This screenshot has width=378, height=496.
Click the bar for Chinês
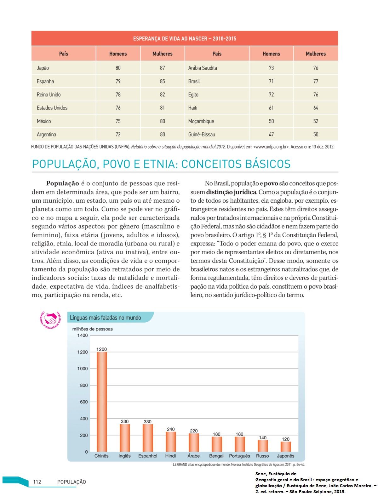[102, 402]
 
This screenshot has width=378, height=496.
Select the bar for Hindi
[171, 442]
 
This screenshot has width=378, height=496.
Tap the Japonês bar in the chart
[286, 447]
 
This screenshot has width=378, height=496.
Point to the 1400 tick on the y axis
[83, 335]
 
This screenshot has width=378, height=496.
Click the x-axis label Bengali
[217, 456]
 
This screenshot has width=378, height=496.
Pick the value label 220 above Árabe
[194, 431]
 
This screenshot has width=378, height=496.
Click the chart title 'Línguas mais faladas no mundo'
[106, 318]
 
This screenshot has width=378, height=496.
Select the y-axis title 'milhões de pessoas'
[92, 329]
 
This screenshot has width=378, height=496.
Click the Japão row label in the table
[43, 68]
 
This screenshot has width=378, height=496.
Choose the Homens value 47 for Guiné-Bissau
[271, 134]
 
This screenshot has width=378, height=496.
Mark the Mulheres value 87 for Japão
[162, 68]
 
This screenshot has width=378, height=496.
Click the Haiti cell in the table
[193, 108]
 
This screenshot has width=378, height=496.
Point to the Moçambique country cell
[201, 121]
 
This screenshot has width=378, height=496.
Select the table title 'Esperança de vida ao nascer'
[185, 39]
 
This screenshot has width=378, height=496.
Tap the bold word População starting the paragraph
[62, 183]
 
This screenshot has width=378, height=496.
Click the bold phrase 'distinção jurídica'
[232, 192]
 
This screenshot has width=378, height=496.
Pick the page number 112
[37, 482]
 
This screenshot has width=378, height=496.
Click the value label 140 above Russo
[263, 437]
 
